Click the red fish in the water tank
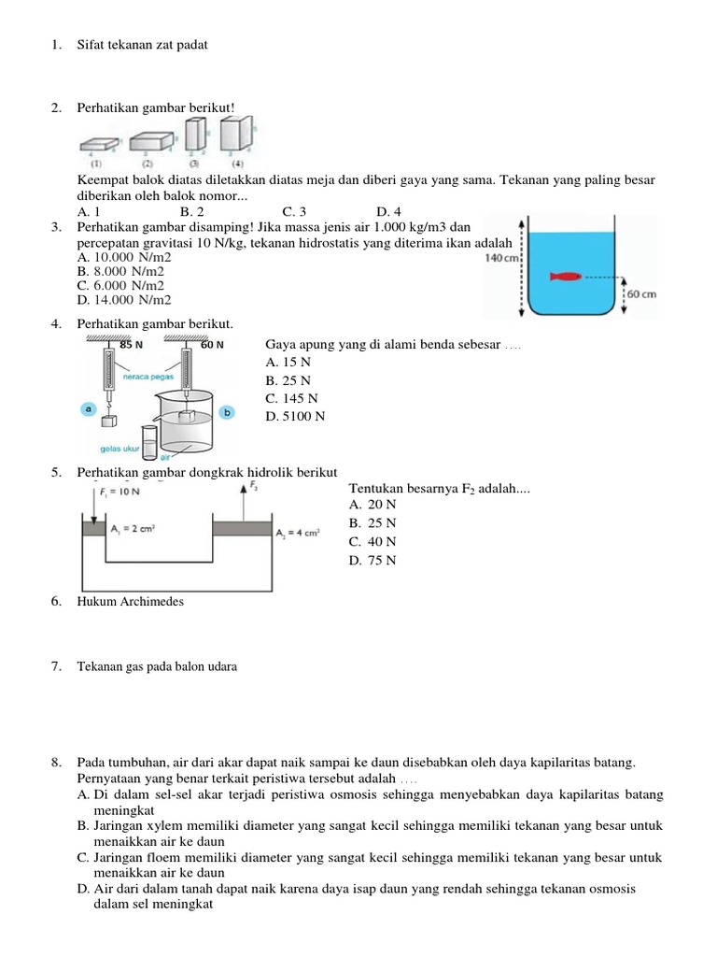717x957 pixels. coord(567,277)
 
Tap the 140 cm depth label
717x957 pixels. coord(501,257)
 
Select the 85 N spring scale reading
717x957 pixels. coord(131,345)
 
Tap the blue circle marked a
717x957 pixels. coord(89,408)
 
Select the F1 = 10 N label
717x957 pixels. coord(119,491)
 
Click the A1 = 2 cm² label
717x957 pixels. coord(133,529)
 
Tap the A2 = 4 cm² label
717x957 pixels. coord(298,533)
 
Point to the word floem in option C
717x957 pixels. coord(177,857)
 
